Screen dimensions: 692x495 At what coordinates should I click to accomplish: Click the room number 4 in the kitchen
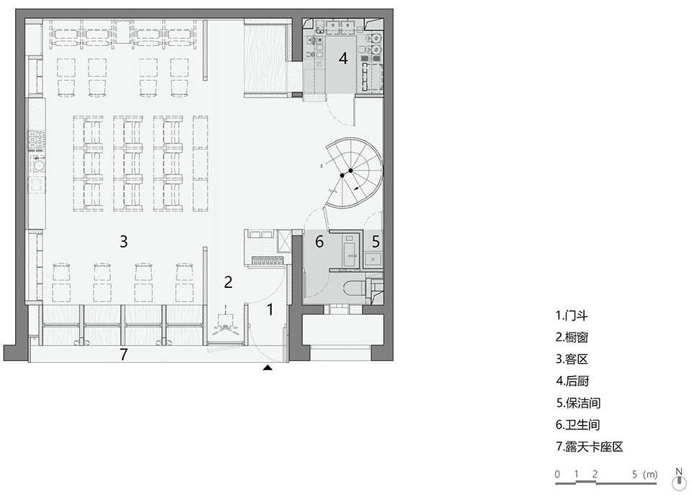point(343,58)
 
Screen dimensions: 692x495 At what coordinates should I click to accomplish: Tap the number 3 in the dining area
point(123,241)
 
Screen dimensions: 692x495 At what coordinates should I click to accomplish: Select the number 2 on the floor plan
point(229,282)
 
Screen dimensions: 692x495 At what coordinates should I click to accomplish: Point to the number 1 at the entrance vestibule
point(270,310)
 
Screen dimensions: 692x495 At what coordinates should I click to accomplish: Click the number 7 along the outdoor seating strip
point(123,354)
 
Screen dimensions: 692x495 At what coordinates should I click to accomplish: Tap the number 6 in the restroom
point(319,241)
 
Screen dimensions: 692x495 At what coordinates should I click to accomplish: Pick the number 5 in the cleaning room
point(375,241)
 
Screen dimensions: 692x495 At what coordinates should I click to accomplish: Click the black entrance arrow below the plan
point(267,367)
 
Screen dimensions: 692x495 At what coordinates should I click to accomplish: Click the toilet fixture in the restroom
point(355,288)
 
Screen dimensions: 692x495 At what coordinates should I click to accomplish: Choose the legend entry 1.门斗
point(572,315)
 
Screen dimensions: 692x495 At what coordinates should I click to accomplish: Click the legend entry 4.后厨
point(572,381)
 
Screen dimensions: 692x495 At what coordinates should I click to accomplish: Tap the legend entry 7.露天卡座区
point(589,447)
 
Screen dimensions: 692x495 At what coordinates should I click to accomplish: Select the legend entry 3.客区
point(572,359)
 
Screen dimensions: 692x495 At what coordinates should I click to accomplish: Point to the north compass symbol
point(679,478)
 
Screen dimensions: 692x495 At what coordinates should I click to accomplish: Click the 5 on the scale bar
point(634,475)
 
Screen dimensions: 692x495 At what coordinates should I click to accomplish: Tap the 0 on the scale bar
point(558,475)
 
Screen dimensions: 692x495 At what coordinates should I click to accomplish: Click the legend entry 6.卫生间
point(577,425)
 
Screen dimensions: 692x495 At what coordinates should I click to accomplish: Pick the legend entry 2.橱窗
point(572,337)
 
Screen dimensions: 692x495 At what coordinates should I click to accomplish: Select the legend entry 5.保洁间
point(578,403)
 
